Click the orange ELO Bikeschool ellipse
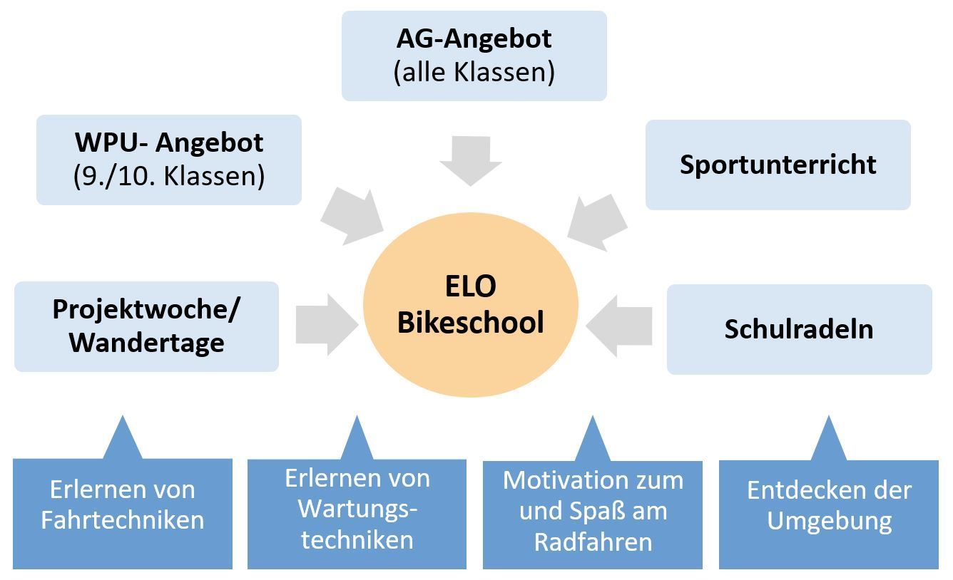470,304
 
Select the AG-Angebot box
474,56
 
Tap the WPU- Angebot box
169,160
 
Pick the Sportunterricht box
778,165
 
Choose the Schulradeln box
799,329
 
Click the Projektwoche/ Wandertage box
146,326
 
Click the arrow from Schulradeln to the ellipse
619,326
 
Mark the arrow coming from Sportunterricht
598,220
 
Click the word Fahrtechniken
123,519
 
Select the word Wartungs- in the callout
357,509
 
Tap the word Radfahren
593,542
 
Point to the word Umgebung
830,520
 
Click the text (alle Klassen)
474,72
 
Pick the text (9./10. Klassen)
169,176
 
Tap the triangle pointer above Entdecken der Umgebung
829,440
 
